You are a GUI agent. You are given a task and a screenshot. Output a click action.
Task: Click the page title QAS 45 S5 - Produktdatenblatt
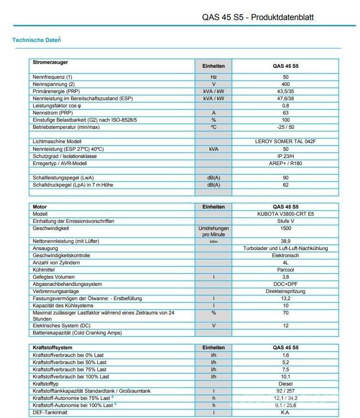tap(258, 18)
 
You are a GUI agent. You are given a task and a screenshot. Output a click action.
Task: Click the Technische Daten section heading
tap(36, 40)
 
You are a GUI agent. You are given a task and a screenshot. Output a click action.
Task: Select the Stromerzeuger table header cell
tap(51, 63)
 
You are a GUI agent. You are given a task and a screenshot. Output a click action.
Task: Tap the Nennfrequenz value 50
tap(286, 77)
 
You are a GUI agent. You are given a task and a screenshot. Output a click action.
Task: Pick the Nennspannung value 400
tap(286, 84)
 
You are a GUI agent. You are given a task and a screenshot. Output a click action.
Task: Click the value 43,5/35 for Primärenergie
tap(286, 91)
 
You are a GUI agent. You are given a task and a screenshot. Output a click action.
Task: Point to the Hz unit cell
tap(213, 77)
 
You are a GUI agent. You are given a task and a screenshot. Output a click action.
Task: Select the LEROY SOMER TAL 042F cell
tap(286, 142)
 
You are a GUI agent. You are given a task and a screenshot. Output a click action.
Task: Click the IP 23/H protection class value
tap(286, 156)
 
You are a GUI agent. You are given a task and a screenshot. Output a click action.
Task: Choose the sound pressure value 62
tap(286, 185)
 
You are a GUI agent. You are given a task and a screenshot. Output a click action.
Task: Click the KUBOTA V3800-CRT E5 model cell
tap(286, 214)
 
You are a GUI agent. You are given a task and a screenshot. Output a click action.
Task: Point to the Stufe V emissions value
tap(286, 221)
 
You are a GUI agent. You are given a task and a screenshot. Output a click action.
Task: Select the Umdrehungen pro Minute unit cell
tap(213, 231)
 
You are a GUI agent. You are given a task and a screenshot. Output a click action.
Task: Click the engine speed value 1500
tap(286, 229)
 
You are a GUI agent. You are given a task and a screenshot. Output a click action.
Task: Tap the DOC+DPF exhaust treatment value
tap(286, 284)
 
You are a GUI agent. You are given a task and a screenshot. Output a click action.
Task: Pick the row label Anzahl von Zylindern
tap(56, 262)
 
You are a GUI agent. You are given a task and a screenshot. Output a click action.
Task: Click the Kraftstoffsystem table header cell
tap(53, 347)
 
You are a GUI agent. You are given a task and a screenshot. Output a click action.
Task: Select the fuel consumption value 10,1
tap(286, 376)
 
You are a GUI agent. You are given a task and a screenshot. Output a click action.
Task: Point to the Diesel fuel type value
tap(286, 384)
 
